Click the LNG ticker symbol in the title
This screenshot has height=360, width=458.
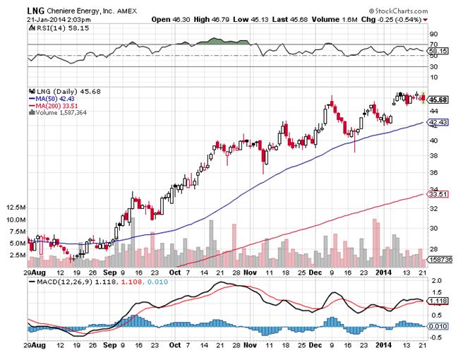[35, 9]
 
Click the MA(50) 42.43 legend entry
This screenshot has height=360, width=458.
[57, 99]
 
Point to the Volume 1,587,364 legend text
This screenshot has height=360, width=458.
[60, 112]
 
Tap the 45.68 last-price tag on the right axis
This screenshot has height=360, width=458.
[439, 100]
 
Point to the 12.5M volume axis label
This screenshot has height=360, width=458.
[15, 208]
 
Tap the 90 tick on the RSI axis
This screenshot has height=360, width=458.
[433, 33]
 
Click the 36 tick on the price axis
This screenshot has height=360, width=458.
[433, 174]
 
